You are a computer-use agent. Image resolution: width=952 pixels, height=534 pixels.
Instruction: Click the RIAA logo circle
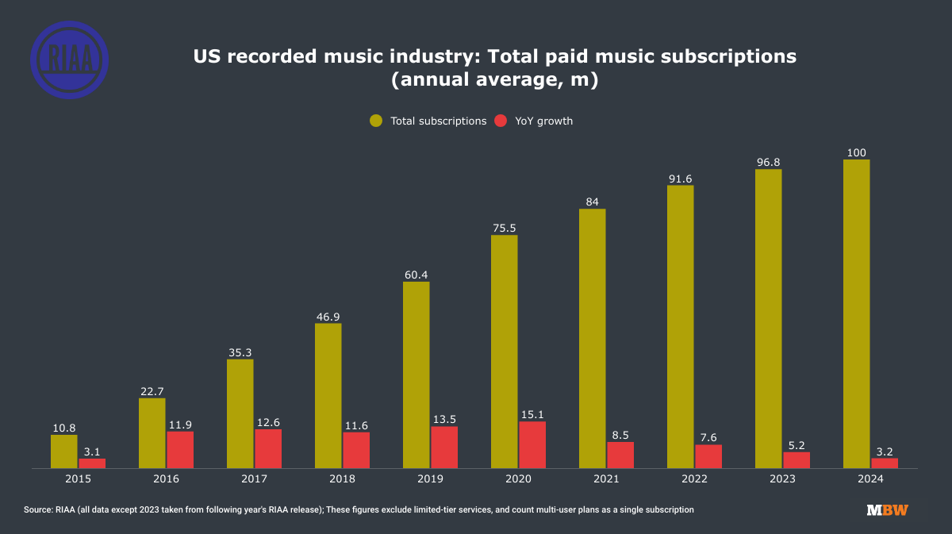click(x=69, y=60)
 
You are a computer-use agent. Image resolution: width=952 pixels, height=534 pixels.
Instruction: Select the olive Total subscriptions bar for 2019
click(x=416, y=375)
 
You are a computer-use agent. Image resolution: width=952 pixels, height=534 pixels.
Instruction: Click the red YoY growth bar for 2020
click(x=532, y=444)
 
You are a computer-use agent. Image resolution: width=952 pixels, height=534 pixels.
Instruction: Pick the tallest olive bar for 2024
click(x=856, y=313)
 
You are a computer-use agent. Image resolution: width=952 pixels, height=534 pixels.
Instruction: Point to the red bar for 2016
click(x=180, y=449)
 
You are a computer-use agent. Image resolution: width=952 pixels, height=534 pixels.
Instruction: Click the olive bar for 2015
click(x=64, y=451)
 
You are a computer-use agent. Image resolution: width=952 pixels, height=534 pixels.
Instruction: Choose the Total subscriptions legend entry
click(x=428, y=121)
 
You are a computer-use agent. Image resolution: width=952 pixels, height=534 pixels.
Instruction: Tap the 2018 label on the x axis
click(x=342, y=479)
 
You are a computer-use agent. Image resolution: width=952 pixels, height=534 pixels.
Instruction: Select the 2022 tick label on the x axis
click(x=694, y=479)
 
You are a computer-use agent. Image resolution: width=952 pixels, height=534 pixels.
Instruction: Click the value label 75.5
click(x=504, y=228)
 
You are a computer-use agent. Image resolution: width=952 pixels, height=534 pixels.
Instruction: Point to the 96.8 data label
click(x=768, y=162)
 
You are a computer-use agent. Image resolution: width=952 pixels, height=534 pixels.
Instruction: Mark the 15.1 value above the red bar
click(x=532, y=414)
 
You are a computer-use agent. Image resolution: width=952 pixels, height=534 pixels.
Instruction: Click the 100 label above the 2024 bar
click(x=856, y=152)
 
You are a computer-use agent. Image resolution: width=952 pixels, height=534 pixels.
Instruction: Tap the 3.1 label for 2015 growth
click(x=92, y=451)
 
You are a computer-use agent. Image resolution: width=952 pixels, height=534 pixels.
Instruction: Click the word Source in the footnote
click(x=39, y=509)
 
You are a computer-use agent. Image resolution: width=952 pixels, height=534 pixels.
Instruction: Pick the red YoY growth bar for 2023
click(x=797, y=459)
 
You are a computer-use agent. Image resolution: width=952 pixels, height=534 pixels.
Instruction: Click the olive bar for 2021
click(x=592, y=338)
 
